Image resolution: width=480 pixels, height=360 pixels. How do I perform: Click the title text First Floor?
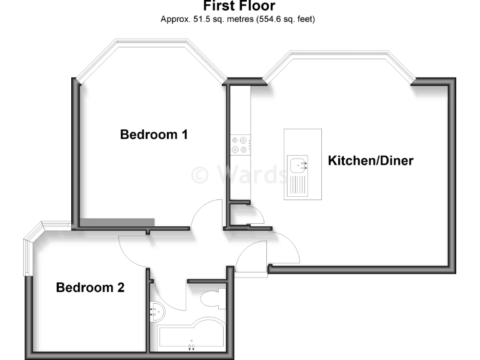coord(239,7)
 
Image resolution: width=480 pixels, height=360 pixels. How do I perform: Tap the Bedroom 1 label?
coord(154,134)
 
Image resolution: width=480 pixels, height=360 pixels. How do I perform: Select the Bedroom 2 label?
coord(90,288)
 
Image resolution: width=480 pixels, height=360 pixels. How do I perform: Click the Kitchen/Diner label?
coord(371,161)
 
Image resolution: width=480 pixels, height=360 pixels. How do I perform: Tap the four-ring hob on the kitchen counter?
coord(241,144)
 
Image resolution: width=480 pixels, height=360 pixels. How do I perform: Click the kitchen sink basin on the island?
coord(297,164)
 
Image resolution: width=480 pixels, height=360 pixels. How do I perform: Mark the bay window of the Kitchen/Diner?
coord(339,59)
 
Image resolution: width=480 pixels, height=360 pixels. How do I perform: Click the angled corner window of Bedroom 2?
coord(32,250)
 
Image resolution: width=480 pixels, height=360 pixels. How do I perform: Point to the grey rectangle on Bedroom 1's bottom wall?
coord(118,222)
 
